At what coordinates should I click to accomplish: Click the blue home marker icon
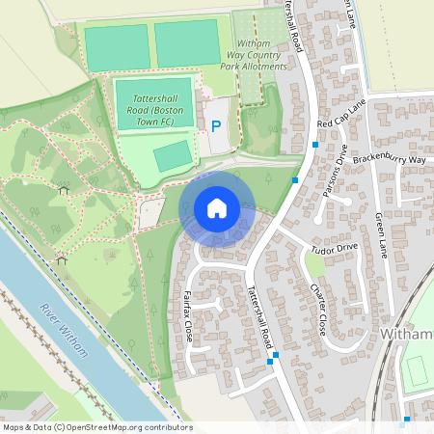(217, 207)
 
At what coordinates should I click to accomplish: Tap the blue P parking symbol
(215, 125)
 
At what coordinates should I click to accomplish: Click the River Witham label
(63, 331)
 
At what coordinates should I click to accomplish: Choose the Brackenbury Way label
(389, 158)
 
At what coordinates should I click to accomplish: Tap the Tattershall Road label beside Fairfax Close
(260, 315)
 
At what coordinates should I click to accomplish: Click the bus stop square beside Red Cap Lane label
(315, 145)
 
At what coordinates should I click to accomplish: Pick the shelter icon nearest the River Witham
(62, 258)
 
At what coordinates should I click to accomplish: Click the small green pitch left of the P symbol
(173, 154)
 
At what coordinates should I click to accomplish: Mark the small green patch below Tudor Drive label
(315, 264)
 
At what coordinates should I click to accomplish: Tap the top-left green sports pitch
(117, 45)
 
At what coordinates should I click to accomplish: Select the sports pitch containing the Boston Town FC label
(154, 104)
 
